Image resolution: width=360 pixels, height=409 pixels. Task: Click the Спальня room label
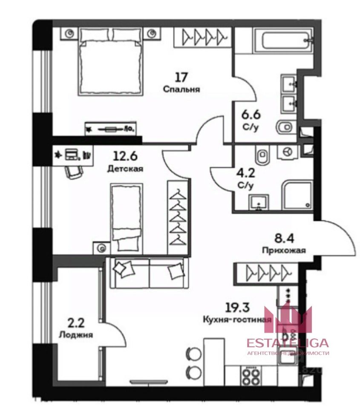pyautogui.click(x=181, y=89)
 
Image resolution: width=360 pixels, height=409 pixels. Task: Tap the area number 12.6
pyautogui.click(x=125, y=156)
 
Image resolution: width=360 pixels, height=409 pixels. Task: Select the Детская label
pyautogui.click(x=125, y=169)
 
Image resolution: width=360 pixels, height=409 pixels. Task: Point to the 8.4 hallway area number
pyautogui.click(x=284, y=238)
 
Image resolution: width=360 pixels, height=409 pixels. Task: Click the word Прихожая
pyautogui.click(x=284, y=251)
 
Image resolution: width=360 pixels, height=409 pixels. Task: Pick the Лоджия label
pyautogui.click(x=76, y=335)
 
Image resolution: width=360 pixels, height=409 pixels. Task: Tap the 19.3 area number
pyautogui.click(x=237, y=308)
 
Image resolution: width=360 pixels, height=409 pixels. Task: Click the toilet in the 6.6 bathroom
pyautogui.click(x=286, y=128)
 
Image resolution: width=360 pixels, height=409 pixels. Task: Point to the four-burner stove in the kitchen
pyautogui.click(x=250, y=376)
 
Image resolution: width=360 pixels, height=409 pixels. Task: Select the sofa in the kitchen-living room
pyautogui.click(x=149, y=273)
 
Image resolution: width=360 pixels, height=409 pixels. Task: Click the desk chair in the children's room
pyautogui.click(x=74, y=173)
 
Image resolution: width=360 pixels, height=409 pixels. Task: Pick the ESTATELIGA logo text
pyautogui.click(x=288, y=343)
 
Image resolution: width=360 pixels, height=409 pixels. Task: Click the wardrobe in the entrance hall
pyautogui.click(x=267, y=273)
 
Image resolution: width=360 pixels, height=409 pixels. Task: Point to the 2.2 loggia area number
pyautogui.click(x=76, y=323)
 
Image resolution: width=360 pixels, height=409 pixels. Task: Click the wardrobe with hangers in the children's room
pyautogui.click(x=178, y=217)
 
